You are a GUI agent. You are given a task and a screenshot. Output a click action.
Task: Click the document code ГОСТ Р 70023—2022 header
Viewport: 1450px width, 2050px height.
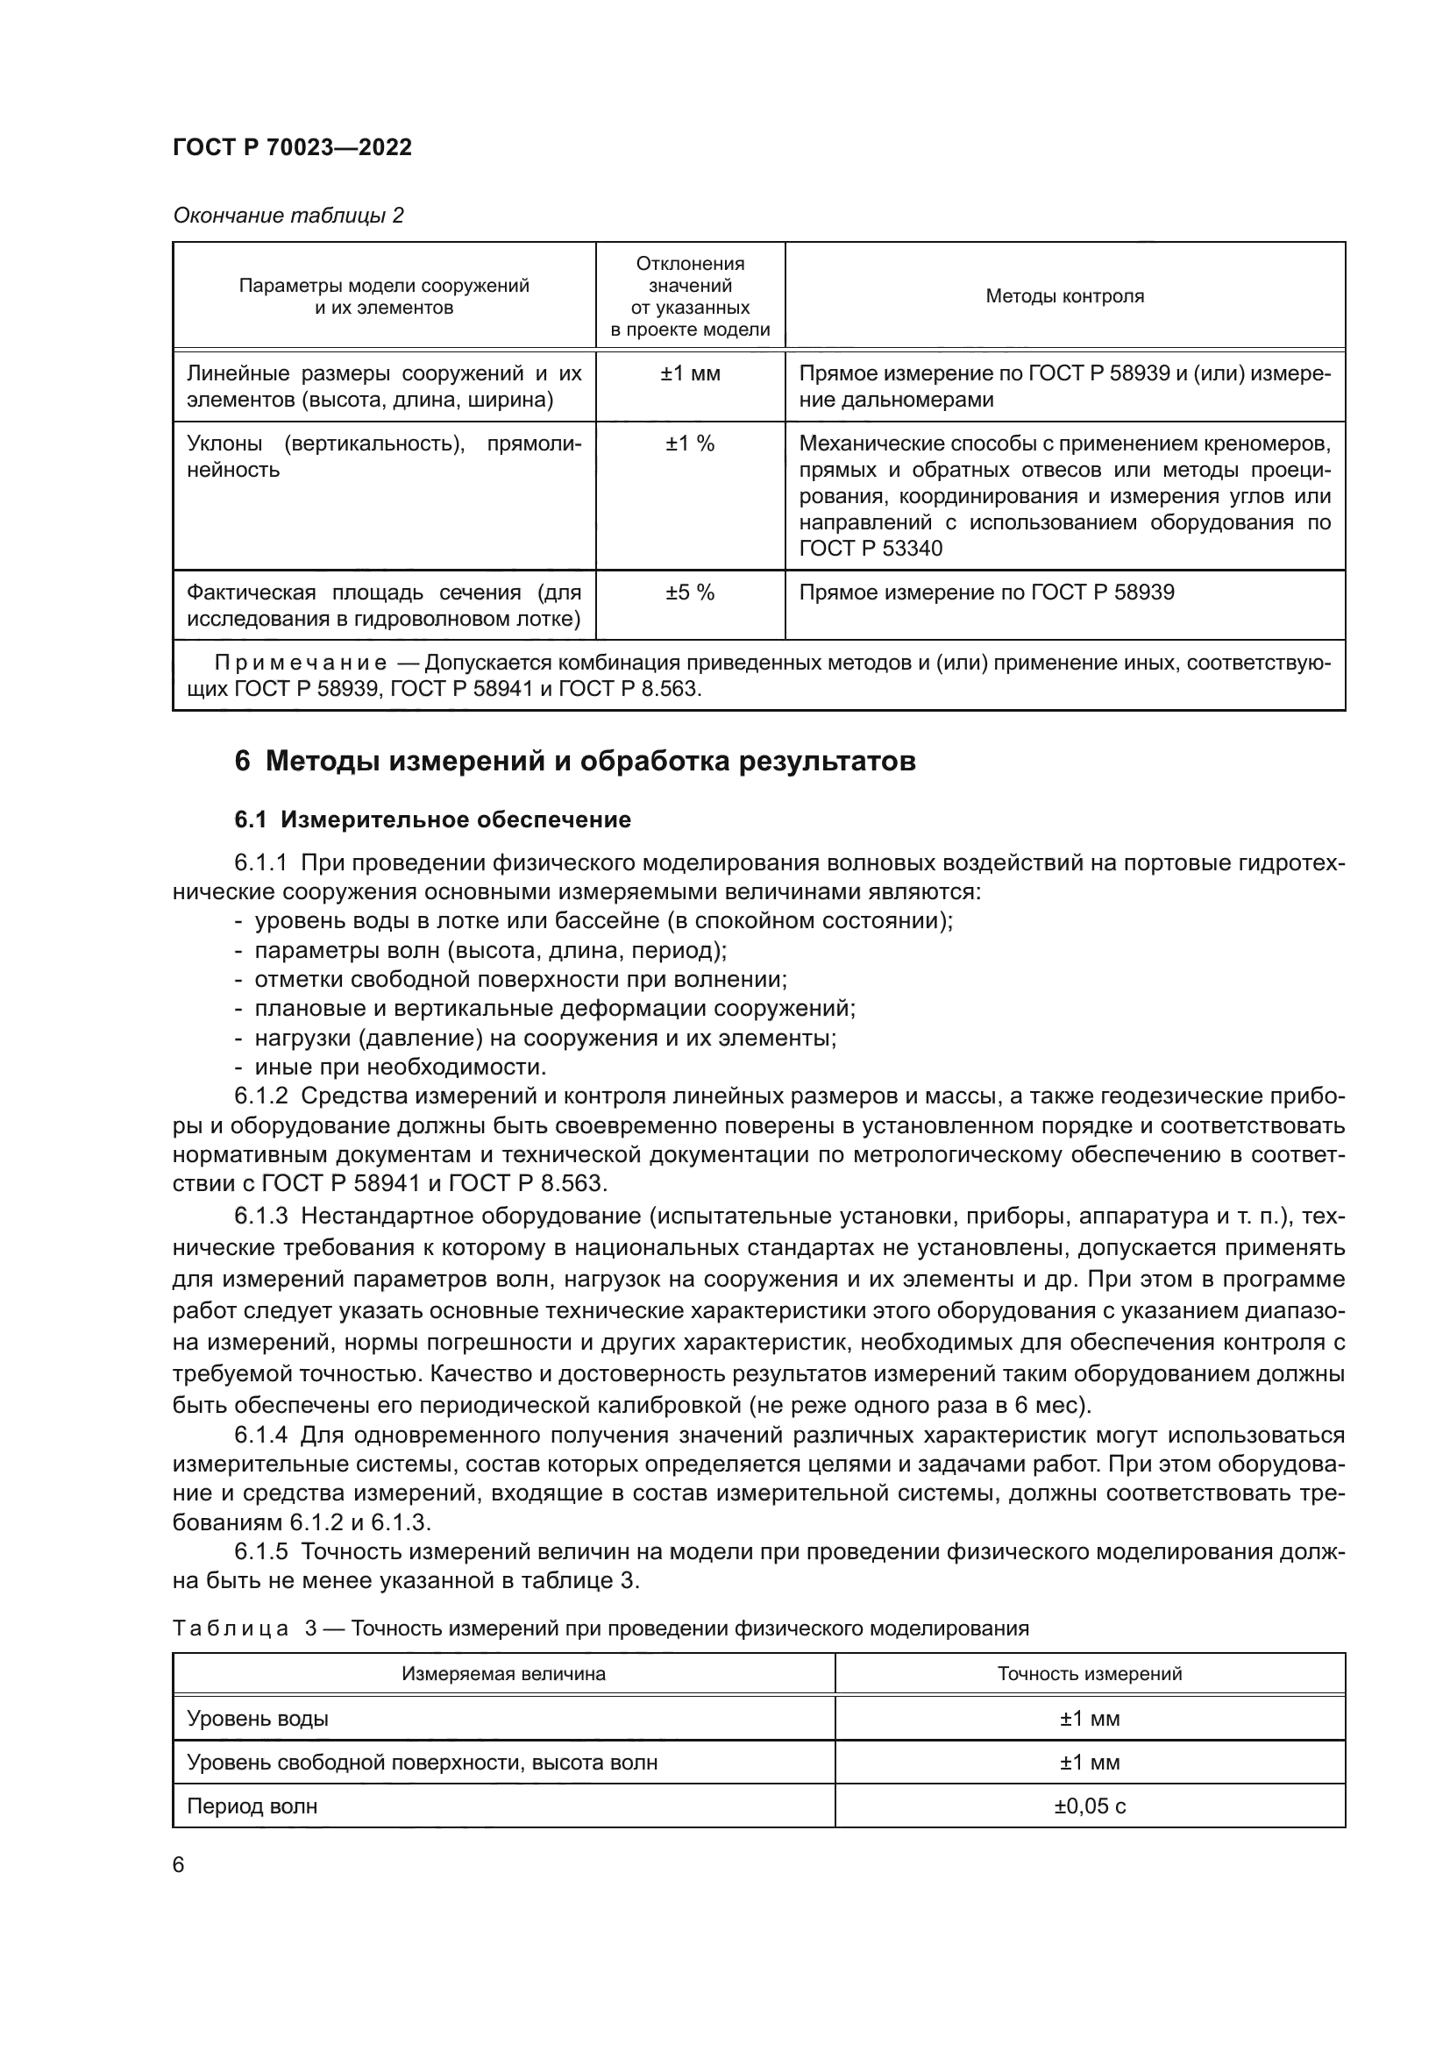pos(292,148)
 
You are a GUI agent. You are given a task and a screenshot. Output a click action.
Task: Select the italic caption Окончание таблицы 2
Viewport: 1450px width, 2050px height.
pos(288,216)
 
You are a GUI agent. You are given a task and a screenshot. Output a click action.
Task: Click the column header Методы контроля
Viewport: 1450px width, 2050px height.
pos(1064,296)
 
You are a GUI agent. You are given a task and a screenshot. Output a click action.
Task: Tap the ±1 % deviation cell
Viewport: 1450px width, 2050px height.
pos(689,443)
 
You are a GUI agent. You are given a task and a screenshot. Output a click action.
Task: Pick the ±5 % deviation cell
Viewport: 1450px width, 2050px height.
pos(689,592)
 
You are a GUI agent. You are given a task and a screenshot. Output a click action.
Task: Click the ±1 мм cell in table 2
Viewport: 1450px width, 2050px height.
pos(689,374)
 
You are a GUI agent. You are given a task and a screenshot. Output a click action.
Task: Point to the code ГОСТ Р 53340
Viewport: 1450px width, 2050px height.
pos(871,548)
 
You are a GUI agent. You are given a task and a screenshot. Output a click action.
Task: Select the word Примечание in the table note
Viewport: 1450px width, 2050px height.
pos(300,663)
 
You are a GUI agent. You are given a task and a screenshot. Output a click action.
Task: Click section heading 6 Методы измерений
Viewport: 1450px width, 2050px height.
pos(575,762)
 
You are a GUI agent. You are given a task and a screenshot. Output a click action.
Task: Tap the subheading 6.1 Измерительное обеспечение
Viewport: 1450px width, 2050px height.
pos(433,819)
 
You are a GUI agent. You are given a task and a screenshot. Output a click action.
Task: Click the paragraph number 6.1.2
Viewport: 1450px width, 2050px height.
pos(260,1096)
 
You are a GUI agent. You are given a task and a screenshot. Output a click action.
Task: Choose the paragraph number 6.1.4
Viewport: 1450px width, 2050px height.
pos(260,1435)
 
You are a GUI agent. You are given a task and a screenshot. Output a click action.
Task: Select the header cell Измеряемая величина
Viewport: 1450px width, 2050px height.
pos(502,1674)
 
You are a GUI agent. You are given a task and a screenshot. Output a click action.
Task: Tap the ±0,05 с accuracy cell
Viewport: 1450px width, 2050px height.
pos(1090,1806)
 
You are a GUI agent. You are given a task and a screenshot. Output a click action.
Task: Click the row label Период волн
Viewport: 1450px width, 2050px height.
pos(252,1806)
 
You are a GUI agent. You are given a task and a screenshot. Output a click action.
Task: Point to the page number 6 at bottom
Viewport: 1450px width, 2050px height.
pos(179,1865)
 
